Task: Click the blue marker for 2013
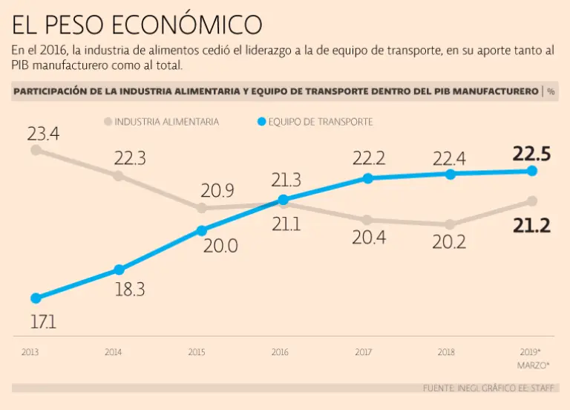(x=36, y=298)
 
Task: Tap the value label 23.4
(x=43, y=134)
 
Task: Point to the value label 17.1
(x=43, y=323)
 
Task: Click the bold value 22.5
(x=531, y=154)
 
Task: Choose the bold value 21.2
(x=531, y=226)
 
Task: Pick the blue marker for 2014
(x=119, y=270)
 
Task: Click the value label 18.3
(x=130, y=290)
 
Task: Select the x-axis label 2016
(x=280, y=351)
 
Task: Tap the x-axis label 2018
(x=446, y=351)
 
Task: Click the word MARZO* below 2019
(x=534, y=365)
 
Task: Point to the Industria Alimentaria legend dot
(x=108, y=121)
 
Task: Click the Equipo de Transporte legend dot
(x=261, y=121)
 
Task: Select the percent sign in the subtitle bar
(x=551, y=91)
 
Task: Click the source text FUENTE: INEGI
(x=451, y=388)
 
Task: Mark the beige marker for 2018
(x=450, y=224)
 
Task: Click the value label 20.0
(x=221, y=247)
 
